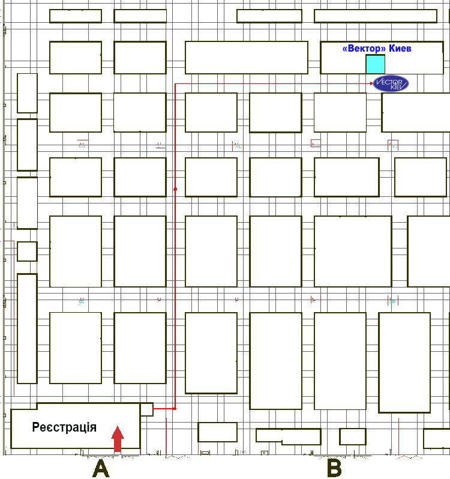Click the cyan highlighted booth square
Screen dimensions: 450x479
pyautogui.click(x=376, y=64)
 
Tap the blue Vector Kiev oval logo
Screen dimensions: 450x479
pyautogui.click(x=391, y=83)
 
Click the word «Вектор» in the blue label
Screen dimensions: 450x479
pyautogui.click(x=364, y=48)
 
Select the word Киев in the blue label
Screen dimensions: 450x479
pyautogui.click(x=400, y=48)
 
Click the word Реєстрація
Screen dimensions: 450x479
pyautogui.click(x=64, y=427)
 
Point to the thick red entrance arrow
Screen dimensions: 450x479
pyautogui.click(x=118, y=439)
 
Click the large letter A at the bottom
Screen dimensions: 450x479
pyautogui.click(x=101, y=469)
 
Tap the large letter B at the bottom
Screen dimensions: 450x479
pyautogui.click(x=334, y=469)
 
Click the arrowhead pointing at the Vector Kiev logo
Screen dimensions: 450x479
pyautogui.click(x=371, y=83)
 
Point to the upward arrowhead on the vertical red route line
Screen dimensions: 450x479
pyautogui.click(x=175, y=189)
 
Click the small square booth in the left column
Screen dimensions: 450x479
pyautogui.click(x=27, y=252)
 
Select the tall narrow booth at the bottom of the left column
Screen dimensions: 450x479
pyautogui.click(x=27, y=329)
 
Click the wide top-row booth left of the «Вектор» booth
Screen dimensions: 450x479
pyautogui.click(x=247, y=58)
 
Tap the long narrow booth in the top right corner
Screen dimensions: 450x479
pyautogui.click(x=376, y=16)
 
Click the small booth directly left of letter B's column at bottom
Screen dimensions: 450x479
pyautogui.click(x=353, y=436)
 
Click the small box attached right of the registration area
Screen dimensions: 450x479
pyautogui.click(x=147, y=409)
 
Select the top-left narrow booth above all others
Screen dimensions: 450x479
pyautogui.click(x=76, y=16)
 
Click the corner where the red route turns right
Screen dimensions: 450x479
pyautogui.click(x=175, y=83)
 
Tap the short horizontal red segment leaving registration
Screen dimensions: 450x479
pyautogui.click(x=164, y=408)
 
